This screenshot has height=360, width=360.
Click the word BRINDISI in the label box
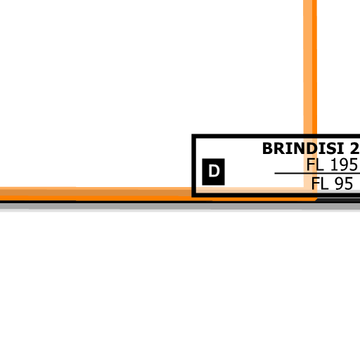[x=303, y=148]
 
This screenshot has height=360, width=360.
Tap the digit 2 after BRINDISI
[x=355, y=148]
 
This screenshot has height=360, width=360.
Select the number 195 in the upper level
[x=344, y=165]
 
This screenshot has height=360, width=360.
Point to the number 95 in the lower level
[x=344, y=184]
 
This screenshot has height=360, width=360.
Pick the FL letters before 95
[x=320, y=184]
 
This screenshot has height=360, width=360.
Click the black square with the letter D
[x=213, y=172]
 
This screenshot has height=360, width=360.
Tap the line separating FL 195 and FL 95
[x=317, y=174]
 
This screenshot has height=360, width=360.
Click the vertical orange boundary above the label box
[x=310, y=67]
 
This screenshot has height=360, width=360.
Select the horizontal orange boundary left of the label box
[x=96, y=194]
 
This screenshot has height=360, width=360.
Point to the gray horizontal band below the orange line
[x=180, y=207]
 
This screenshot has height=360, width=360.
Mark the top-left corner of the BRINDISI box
[x=192, y=134]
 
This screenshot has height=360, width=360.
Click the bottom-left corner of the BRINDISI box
[x=192, y=197]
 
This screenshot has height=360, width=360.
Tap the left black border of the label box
[x=194, y=166]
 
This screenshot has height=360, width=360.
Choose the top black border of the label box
[x=276, y=136]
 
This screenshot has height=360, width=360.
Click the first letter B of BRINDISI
[x=267, y=148]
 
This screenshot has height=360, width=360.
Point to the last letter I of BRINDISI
[x=342, y=148]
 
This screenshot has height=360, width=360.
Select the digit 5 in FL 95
[x=348, y=184]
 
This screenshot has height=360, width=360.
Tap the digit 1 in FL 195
[x=333, y=165]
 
